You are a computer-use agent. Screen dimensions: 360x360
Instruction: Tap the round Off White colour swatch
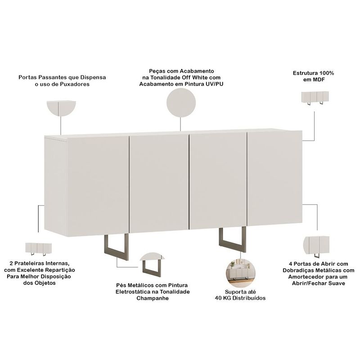181,103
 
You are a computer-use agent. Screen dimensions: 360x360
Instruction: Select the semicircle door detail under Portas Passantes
61,108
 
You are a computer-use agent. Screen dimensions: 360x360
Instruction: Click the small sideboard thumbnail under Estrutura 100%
315,98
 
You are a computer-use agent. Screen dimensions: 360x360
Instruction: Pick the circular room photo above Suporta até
240,273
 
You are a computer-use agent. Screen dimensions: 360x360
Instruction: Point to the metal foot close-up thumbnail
152,265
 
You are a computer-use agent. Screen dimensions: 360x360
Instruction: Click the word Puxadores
75,84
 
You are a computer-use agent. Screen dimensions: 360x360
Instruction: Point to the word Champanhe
153,298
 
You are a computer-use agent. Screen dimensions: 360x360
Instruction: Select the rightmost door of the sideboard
274,178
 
